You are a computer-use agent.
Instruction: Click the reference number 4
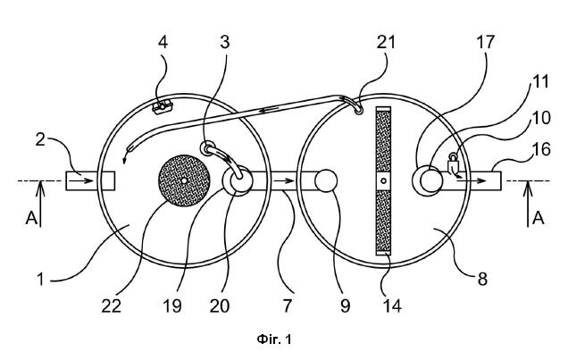163,42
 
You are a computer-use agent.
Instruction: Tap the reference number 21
386,42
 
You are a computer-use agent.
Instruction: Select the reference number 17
485,42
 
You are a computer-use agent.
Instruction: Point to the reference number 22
111,306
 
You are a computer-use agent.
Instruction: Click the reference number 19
172,306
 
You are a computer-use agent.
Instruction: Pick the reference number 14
392,306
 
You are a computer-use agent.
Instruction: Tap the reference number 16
541,149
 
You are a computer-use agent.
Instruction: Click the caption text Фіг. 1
274,339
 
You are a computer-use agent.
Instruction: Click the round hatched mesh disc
184,180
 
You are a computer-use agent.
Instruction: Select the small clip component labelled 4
163,107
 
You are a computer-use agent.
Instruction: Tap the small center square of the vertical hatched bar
384,180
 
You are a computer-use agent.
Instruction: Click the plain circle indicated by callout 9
326,180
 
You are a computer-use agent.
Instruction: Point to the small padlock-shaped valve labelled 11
453,163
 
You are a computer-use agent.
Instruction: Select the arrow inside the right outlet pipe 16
471,180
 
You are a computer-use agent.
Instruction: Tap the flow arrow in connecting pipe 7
284,180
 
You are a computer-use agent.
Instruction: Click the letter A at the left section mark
31,218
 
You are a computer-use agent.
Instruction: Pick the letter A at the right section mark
539,218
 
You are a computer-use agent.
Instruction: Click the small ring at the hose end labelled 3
206,148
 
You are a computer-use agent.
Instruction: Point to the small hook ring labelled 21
358,109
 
